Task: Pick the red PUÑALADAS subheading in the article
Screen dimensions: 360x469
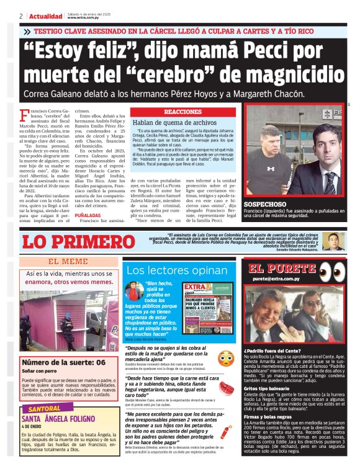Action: (89, 215)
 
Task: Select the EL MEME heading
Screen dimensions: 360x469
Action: (68, 261)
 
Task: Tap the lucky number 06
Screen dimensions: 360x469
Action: (99, 362)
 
